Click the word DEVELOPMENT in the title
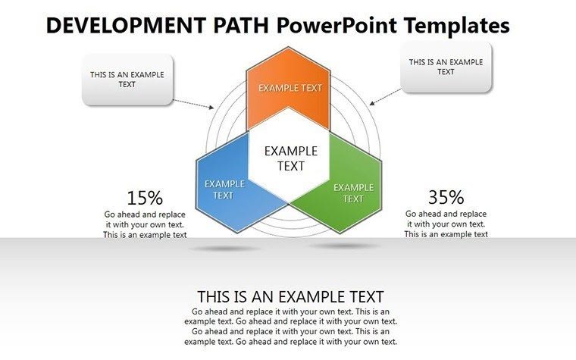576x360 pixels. click(121, 26)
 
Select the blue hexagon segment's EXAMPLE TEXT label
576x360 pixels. click(224, 189)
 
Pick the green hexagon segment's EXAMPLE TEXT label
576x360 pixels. click(353, 193)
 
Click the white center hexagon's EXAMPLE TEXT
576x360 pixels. click(290, 158)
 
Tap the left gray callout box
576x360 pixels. click(127, 80)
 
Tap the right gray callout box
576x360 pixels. click(446, 67)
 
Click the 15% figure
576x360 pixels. click(145, 199)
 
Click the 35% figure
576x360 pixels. click(446, 198)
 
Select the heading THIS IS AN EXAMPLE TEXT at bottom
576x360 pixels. click(290, 296)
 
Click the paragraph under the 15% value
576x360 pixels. click(145, 224)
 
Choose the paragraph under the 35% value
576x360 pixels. click(446, 224)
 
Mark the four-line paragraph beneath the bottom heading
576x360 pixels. click(290, 327)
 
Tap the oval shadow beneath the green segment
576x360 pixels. click(345, 246)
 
